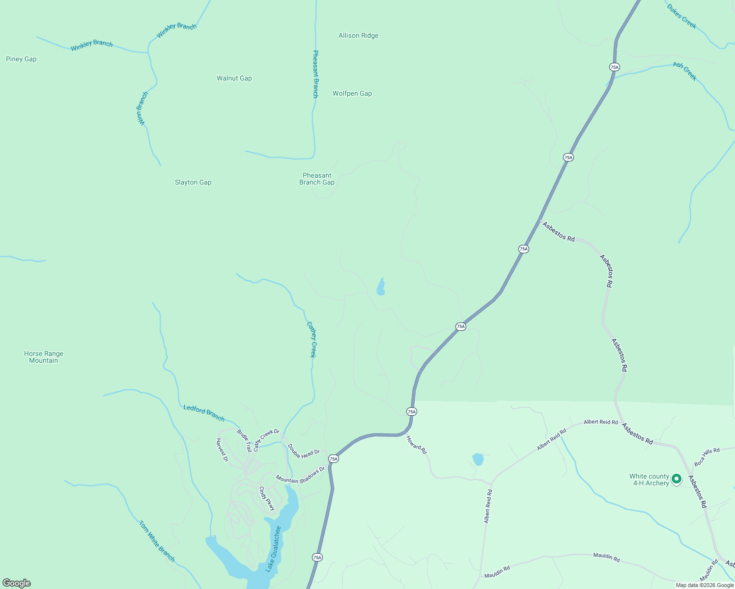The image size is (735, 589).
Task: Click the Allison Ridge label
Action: [x=358, y=35]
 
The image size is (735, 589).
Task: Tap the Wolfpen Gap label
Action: [x=352, y=93]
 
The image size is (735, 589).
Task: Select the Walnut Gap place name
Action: [x=234, y=78]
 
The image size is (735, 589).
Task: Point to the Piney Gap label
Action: [x=21, y=59]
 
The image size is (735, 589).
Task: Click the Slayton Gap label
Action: [x=193, y=182]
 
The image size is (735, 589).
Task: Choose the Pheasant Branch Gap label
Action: [x=317, y=179]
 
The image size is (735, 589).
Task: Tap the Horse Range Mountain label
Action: [x=44, y=357]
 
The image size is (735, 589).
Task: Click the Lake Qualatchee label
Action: [x=273, y=549]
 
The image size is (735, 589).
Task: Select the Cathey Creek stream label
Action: [x=312, y=340]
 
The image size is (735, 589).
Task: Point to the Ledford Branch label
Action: [x=204, y=413]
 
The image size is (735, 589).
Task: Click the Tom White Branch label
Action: [x=157, y=541]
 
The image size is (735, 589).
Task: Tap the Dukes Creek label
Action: [x=681, y=16]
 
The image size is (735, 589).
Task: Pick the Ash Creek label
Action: [x=685, y=71]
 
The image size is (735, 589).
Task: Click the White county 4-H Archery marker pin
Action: [x=677, y=479]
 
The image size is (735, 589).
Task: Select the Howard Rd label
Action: [x=416, y=445]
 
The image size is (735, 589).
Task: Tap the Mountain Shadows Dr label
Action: [x=300, y=475]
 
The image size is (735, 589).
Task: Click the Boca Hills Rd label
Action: [x=707, y=457]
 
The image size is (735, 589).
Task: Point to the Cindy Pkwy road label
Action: [x=267, y=498]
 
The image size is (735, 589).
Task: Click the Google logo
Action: [x=17, y=583]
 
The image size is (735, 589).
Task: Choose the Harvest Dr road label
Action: [x=222, y=450]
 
